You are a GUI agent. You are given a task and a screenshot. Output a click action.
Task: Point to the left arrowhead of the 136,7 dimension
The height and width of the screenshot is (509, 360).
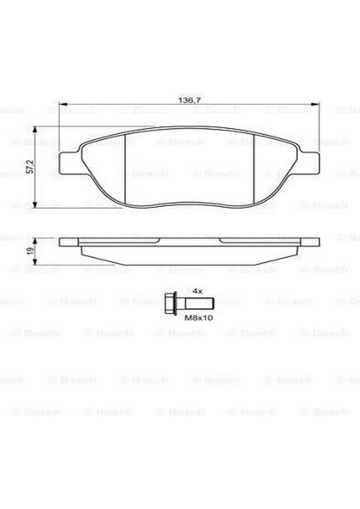tap(61, 109)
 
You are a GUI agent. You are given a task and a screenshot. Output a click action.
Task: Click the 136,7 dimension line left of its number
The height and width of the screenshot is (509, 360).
tap(119, 109)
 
